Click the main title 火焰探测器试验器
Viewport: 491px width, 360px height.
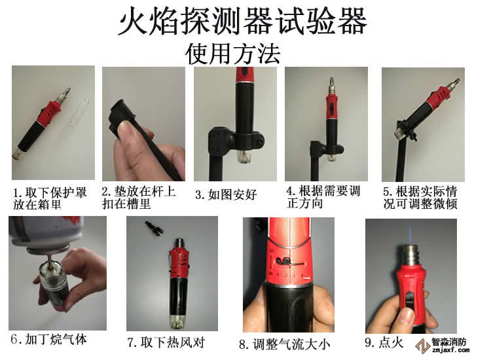point(242,22)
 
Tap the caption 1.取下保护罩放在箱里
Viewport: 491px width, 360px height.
point(48,198)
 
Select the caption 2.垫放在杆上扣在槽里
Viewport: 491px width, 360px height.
point(138,198)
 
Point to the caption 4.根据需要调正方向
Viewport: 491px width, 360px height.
point(323,197)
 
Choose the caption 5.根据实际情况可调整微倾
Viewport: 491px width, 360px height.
point(419,198)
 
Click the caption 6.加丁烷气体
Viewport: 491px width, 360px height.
point(48,340)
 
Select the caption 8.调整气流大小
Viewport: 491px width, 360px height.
point(284,342)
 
